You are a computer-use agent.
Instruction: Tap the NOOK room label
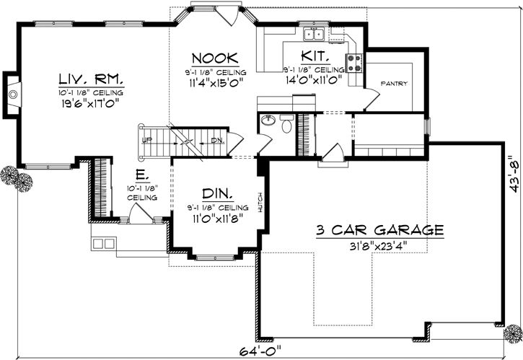[x=211, y=58]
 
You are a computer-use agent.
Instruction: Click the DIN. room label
[x=216, y=193]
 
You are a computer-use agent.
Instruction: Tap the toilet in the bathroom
[x=286, y=128]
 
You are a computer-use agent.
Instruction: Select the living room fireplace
[x=12, y=93]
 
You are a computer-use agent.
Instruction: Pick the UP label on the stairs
[x=146, y=141]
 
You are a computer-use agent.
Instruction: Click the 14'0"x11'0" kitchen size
[x=312, y=82]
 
